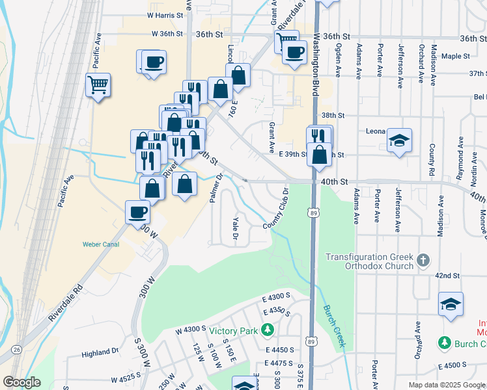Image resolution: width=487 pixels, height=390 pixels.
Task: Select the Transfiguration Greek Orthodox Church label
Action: pos(369,261)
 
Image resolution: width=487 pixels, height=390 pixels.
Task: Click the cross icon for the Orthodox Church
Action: pos(423,261)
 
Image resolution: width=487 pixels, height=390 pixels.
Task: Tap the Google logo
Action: pos(21,382)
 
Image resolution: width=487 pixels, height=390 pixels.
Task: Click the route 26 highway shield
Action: pos(16,350)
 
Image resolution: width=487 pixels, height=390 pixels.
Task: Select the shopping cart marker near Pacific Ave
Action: pos(98,85)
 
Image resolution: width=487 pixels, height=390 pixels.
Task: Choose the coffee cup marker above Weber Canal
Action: pos(138,212)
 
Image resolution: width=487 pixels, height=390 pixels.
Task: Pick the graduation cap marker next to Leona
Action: pos(399,140)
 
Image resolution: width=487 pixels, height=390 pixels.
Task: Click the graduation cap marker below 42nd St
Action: pos(451,305)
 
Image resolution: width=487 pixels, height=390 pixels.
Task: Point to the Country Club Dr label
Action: pos(275,208)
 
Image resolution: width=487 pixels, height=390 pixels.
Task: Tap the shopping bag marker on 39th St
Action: pos(319,156)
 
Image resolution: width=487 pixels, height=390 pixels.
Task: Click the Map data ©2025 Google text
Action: pos(446,385)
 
